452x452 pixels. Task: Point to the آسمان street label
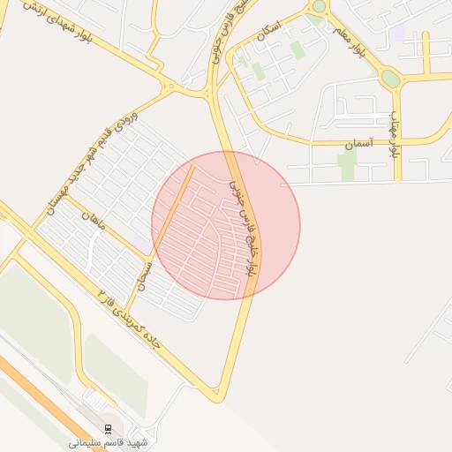tap(360, 142)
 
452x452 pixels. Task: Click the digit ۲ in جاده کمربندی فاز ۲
tap(103, 292)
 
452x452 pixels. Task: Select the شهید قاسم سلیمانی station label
tap(111, 441)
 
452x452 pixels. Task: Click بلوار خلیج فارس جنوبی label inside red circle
tap(245, 226)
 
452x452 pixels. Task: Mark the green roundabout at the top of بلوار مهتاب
tap(390, 79)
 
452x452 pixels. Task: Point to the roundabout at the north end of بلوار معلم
tap(319, 6)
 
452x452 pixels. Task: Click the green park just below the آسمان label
tap(347, 163)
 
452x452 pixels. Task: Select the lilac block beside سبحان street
tap(142, 244)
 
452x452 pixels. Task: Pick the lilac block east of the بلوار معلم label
tap(396, 33)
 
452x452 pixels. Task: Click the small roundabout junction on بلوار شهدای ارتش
tap(168, 85)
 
